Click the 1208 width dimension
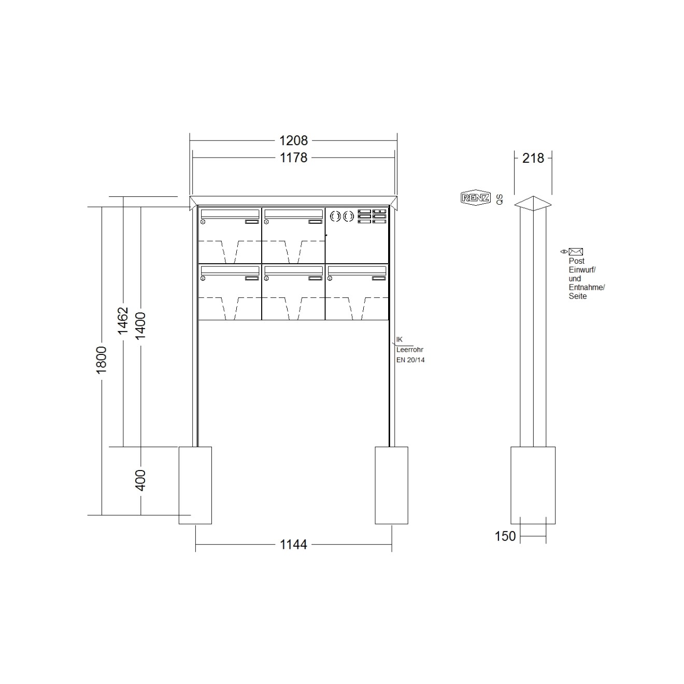pos(293,140)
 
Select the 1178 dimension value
pos(293,158)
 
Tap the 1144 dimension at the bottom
pos(293,545)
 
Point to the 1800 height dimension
pos(102,360)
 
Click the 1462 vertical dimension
pos(123,321)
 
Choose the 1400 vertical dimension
pos(140,326)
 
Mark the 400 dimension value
pos(140,480)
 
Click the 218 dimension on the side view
pos(533,158)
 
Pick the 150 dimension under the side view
pos(505,536)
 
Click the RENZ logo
pos(476,198)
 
